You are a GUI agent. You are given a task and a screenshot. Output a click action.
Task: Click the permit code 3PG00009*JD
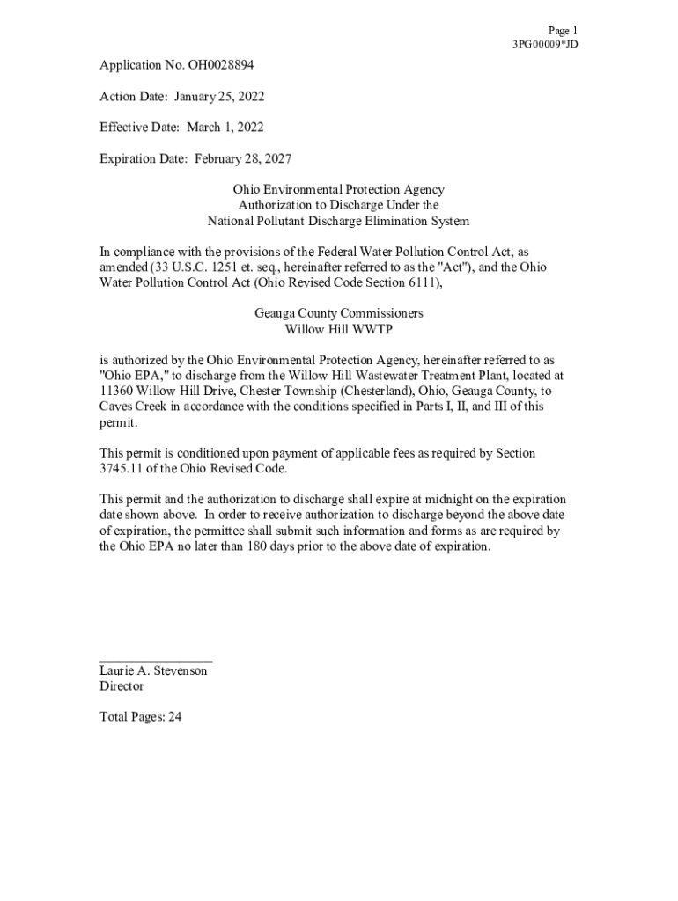point(545,44)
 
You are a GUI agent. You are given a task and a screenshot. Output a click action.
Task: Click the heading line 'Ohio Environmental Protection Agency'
point(338,189)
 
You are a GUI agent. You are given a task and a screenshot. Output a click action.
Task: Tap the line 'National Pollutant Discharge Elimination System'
point(338,221)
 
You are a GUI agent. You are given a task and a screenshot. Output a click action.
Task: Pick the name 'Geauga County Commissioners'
point(338,313)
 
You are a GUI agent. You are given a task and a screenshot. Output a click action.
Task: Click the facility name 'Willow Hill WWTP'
point(338,329)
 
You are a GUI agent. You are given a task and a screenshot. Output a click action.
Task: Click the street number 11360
point(115,391)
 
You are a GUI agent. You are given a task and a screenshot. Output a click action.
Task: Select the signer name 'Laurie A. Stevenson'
point(153,670)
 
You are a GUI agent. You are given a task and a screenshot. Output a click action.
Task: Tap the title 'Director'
point(122,686)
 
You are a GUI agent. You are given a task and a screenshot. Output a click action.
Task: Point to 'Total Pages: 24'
point(141,717)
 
